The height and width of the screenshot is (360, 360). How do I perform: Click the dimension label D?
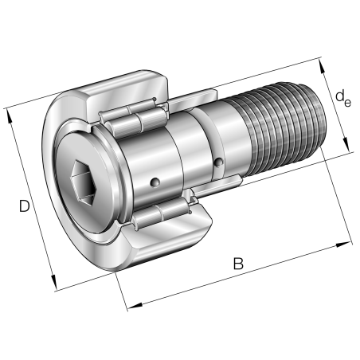click(x=25, y=207)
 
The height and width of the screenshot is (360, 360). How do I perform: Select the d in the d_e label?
click(x=338, y=96)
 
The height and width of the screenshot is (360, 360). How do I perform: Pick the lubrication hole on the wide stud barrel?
click(x=155, y=185)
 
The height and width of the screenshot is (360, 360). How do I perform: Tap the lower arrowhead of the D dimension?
click(x=54, y=284)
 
